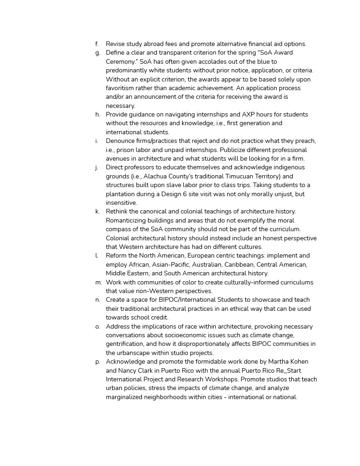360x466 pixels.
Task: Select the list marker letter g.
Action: (98, 53)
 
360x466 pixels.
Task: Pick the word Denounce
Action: (121, 141)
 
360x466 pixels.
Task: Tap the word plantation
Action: (122, 194)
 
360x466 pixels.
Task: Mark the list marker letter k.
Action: (98, 212)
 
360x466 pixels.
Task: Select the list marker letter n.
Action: (98, 300)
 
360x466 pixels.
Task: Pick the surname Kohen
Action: (299, 362)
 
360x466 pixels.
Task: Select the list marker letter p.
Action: (98, 362)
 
